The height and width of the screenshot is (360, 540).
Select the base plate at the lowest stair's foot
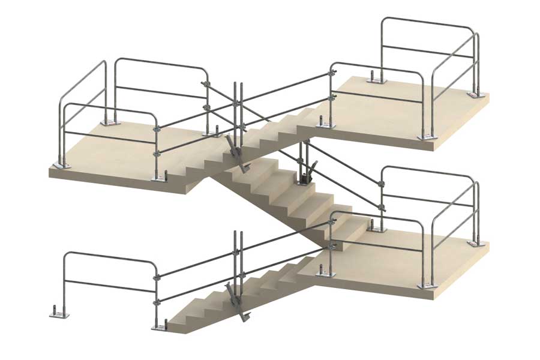[159, 328]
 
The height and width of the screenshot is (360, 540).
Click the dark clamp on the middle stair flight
[305, 176]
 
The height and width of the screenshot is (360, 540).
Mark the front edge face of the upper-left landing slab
[120, 180]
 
